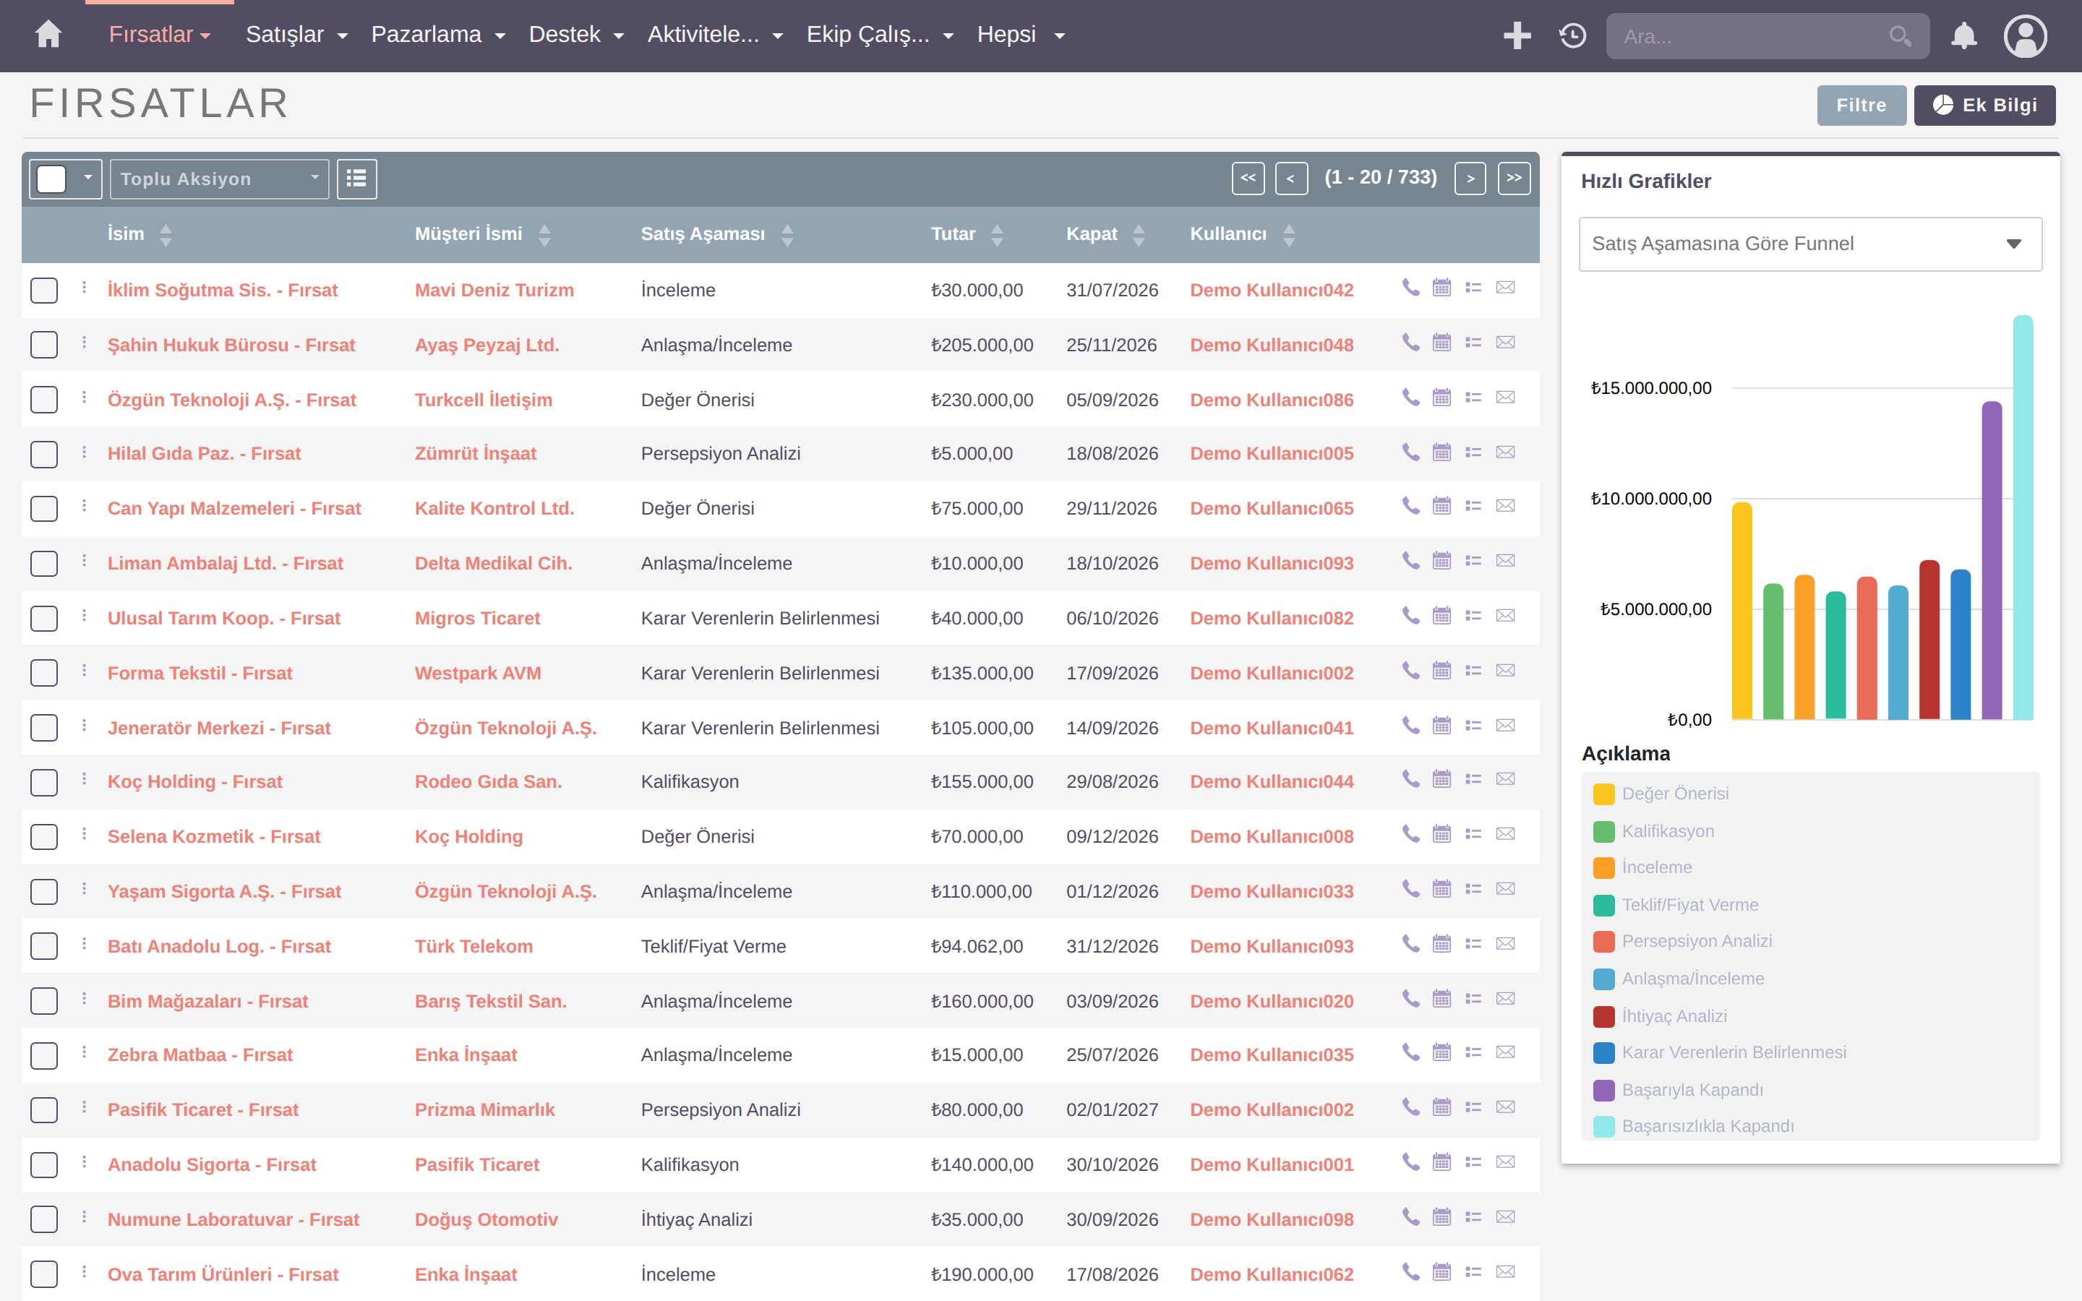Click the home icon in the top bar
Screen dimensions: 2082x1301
(48, 35)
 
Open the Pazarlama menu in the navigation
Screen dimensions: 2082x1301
(438, 35)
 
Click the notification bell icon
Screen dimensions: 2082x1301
(1963, 35)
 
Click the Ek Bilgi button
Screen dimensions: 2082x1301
(1985, 105)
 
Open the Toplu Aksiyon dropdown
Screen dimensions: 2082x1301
(219, 179)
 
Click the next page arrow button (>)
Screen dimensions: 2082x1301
(1470, 178)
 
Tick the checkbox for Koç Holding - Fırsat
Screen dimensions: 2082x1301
(44, 782)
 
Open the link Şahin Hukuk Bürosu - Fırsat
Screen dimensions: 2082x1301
(231, 345)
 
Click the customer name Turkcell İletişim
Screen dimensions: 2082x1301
(484, 400)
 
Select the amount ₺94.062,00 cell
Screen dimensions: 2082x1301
(977, 947)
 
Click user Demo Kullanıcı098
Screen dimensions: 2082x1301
(1272, 1219)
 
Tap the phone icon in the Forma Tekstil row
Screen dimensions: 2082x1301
(1410, 670)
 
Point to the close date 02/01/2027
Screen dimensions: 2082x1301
(1113, 1110)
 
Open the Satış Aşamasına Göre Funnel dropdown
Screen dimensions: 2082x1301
(1810, 244)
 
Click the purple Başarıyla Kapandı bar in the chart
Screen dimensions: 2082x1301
(1992, 560)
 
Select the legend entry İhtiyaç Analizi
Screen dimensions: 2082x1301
(1674, 1016)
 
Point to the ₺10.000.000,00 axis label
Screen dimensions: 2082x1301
(1651, 499)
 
